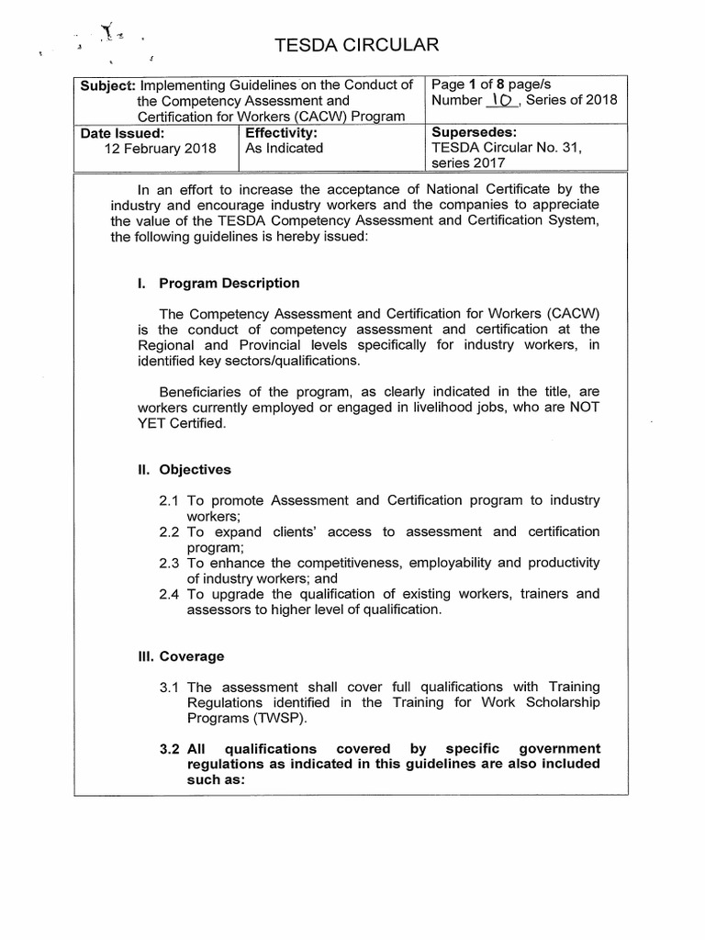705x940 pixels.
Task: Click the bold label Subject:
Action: click(x=108, y=85)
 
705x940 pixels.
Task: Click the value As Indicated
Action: click(x=284, y=148)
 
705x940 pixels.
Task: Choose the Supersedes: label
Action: click(x=474, y=132)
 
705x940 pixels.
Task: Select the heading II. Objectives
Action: click(x=183, y=469)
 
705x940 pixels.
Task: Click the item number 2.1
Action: click(x=169, y=500)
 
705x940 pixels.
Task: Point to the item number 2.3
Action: click(x=169, y=563)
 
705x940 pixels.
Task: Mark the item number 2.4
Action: click(x=169, y=594)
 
